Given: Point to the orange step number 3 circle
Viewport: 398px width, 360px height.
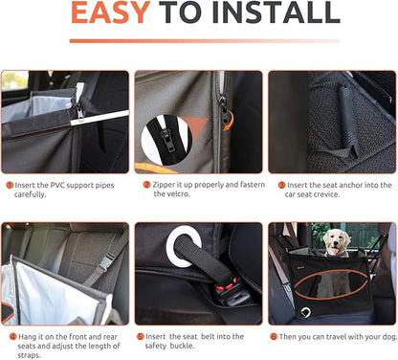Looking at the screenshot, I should [281, 184].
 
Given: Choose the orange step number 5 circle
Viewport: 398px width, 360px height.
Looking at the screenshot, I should [140, 337].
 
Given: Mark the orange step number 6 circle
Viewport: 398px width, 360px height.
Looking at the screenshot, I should [274, 337].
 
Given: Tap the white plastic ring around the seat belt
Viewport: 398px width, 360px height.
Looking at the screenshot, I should [181, 248].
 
